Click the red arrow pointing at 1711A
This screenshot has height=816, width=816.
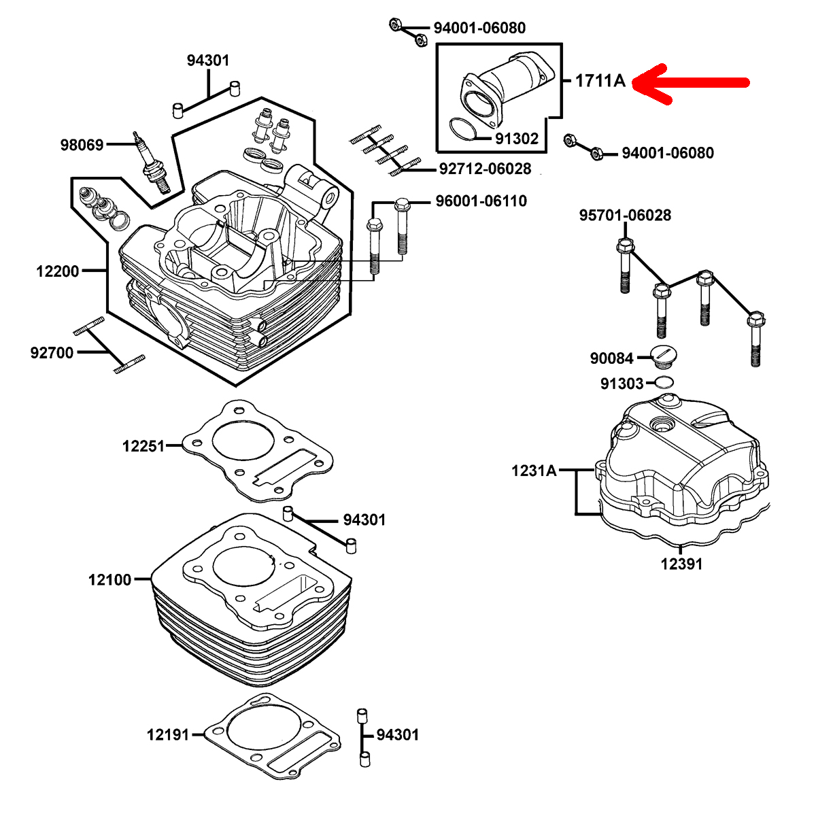[690, 83]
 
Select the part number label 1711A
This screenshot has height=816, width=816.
[600, 80]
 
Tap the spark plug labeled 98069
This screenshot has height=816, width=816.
[152, 163]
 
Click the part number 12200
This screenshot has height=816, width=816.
[58, 271]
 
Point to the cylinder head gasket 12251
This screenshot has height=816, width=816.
[257, 452]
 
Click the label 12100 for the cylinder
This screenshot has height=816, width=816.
[109, 580]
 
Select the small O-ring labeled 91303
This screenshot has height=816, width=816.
[664, 381]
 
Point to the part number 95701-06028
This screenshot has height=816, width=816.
[625, 215]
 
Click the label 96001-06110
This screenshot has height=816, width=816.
[481, 201]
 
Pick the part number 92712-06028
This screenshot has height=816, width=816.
[485, 169]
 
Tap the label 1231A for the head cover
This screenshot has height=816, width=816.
[534, 471]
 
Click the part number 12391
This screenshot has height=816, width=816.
[682, 564]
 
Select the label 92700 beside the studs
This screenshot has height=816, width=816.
[52, 353]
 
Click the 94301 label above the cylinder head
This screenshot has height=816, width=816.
[208, 61]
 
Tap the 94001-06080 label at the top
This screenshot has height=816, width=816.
[480, 28]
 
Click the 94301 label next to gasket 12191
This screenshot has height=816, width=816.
[397, 734]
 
